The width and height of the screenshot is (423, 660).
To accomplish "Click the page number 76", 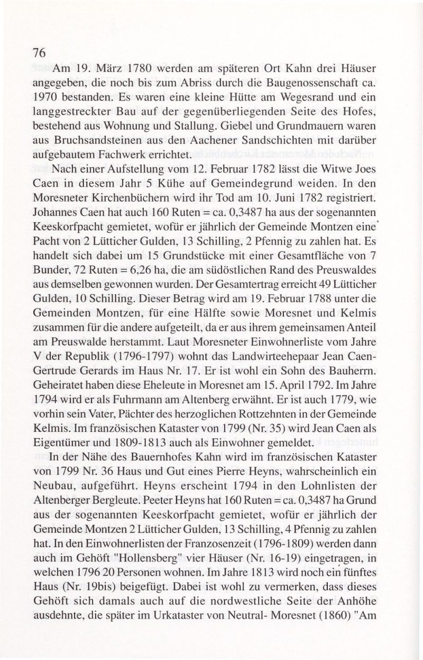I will point(40,52).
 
